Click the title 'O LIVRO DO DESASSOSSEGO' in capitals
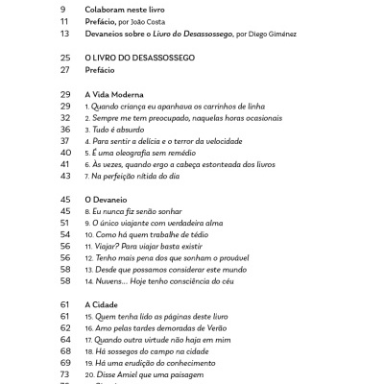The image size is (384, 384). (x=140, y=59)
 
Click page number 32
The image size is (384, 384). (x=64, y=128)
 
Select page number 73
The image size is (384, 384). (x=64, y=373)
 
